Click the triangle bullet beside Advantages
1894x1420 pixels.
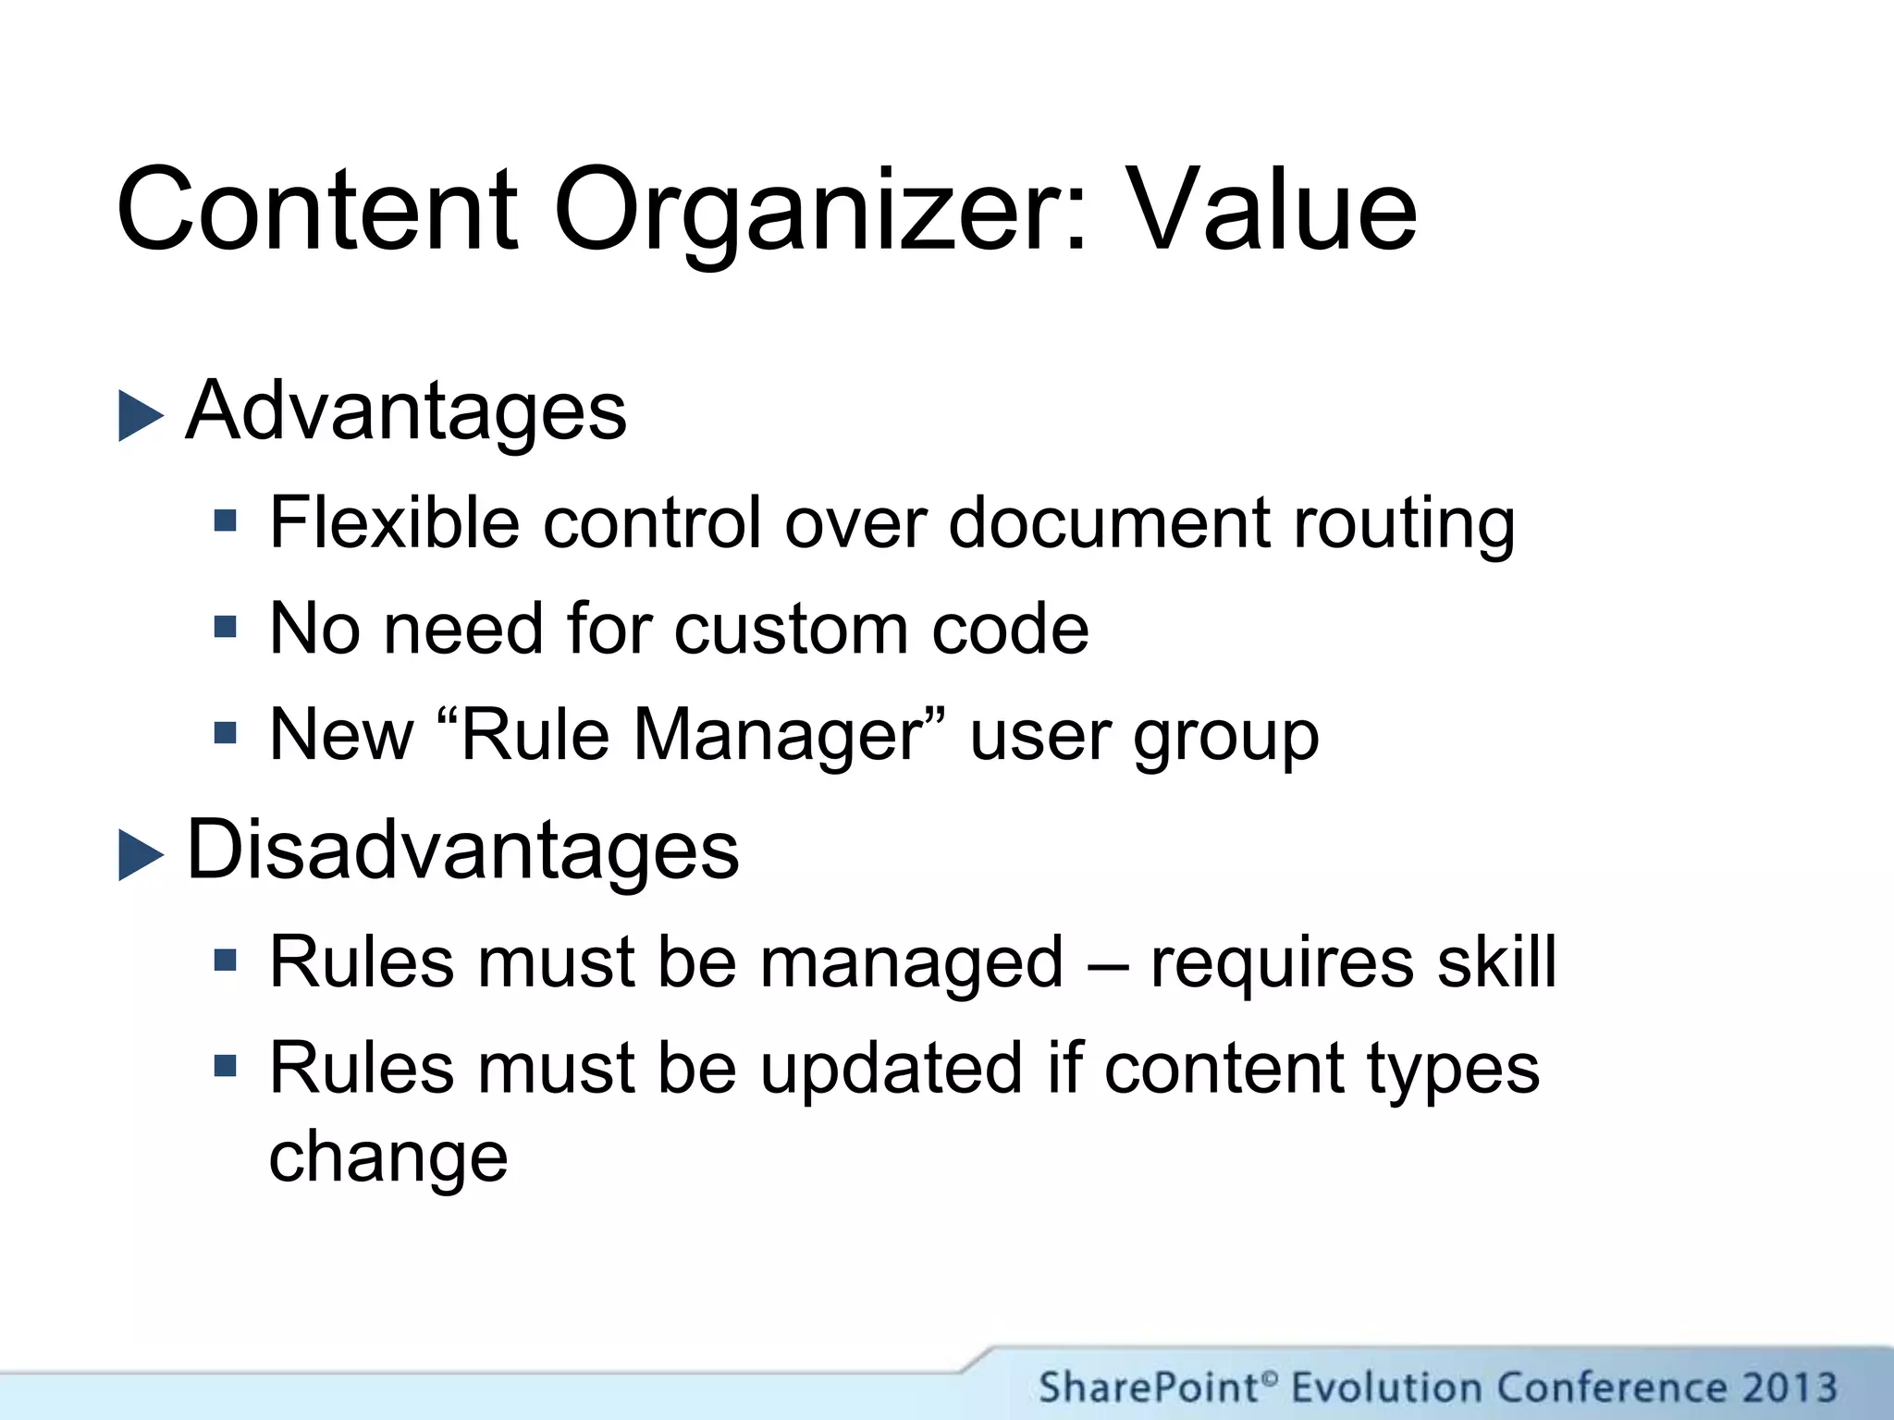click(141, 415)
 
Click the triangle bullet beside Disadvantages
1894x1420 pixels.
click(141, 854)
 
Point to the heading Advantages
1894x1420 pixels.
click(406, 411)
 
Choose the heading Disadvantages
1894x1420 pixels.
click(462, 851)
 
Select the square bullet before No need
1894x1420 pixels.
click(225, 628)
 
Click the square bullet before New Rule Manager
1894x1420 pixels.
click(225, 734)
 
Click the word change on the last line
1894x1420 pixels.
click(388, 1158)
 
